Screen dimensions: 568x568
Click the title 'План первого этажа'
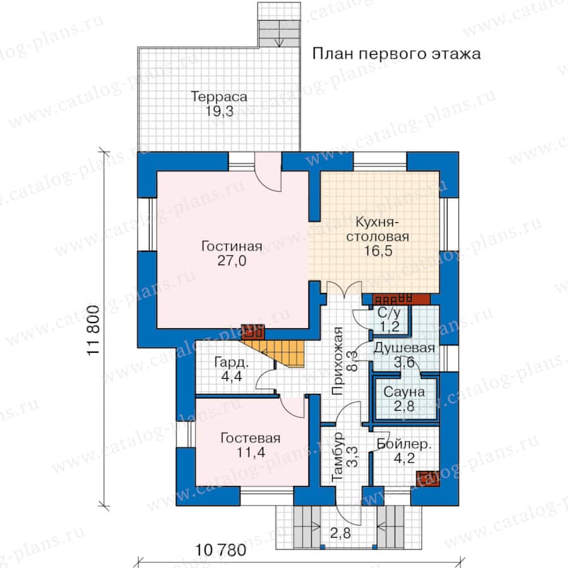396,54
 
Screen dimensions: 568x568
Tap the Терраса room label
219,97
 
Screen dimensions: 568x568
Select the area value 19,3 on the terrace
220,111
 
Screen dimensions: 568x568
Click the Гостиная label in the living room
232,246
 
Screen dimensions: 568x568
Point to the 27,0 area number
232,261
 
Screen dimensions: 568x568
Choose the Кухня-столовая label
378,229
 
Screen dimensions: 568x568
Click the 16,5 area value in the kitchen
378,251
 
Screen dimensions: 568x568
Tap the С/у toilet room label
389,312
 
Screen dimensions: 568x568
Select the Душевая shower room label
404,348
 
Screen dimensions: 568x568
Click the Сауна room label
404,392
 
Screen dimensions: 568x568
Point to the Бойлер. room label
404,444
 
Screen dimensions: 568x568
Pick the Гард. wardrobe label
232,362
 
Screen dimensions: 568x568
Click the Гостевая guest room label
251,439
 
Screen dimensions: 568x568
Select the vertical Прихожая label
337,361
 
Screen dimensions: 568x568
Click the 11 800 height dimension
93,330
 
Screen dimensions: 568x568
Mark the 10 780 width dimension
221,550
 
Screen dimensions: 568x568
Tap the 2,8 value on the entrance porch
340,533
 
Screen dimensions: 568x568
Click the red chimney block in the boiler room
428,478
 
